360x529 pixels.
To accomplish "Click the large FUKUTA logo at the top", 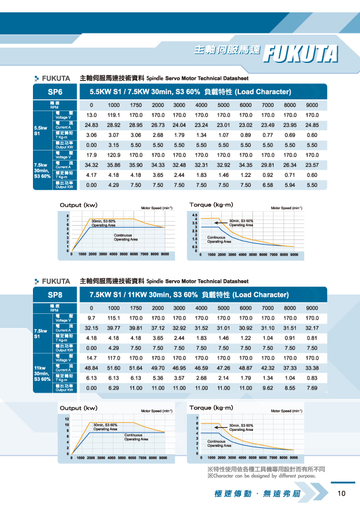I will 302,52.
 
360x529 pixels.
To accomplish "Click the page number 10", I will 341,494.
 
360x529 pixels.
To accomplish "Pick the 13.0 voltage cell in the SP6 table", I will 91,115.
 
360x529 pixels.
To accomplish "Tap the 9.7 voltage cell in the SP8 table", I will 91,317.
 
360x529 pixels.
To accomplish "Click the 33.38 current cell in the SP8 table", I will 312,367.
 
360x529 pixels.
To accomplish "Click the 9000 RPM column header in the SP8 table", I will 312,307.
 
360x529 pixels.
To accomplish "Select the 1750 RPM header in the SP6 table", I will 136,105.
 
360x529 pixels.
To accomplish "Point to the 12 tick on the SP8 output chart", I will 67,418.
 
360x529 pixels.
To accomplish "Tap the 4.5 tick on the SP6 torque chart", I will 195,215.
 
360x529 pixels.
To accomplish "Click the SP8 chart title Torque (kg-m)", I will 211,407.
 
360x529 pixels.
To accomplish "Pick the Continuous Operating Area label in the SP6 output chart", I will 125,237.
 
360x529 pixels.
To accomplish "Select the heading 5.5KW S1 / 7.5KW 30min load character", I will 190,92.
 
